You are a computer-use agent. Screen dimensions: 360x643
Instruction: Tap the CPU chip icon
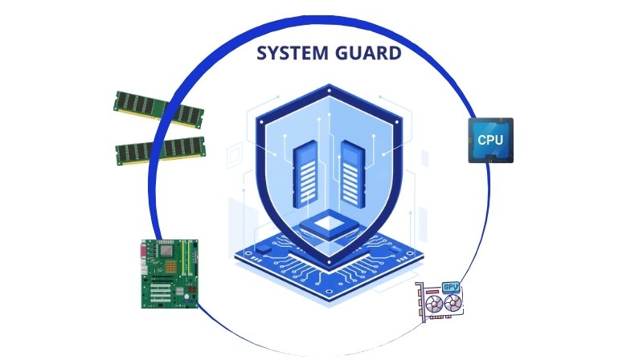pyautogui.click(x=490, y=141)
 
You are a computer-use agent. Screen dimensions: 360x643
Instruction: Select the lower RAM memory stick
pyautogui.click(x=160, y=149)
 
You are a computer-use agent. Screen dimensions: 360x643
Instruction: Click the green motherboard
pyautogui.click(x=170, y=273)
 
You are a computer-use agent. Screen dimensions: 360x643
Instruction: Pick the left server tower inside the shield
pyautogui.click(x=304, y=173)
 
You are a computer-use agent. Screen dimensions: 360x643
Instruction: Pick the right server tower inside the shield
pyautogui.click(x=350, y=173)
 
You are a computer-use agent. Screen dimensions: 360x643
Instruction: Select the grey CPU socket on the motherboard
pyautogui.click(x=166, y=252)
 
